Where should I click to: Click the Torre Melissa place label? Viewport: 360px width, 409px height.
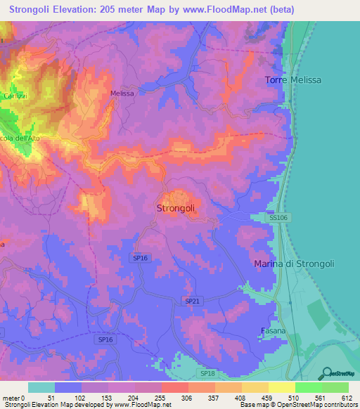click(293, 80)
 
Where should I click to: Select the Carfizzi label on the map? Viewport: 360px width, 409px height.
click(14, 96)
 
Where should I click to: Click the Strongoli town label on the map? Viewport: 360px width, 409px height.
click(174, 208)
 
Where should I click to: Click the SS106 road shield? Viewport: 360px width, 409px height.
click(278, 219)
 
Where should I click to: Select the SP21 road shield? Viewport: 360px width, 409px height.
click(192, 301)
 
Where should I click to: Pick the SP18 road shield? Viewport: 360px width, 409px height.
click(207, 374)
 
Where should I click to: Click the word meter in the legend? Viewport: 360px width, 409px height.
click(12, 398)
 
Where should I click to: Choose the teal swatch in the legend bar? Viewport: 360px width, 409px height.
click(41, 387)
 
